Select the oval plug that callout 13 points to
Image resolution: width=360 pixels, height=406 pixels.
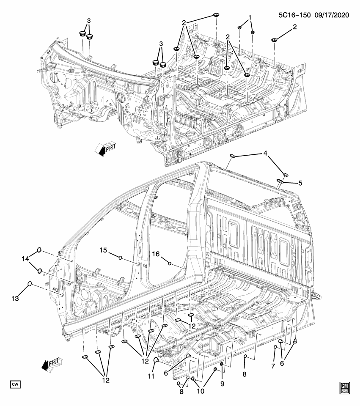coord(30,284)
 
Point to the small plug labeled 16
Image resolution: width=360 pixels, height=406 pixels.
coord(170,263)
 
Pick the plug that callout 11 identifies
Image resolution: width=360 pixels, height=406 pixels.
coord(155,360)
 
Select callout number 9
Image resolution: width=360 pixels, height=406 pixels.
coord(221,383)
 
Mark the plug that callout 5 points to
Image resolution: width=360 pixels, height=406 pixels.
coord(280,181)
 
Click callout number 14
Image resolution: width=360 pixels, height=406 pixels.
coord(25,258)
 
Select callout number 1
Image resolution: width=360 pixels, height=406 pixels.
coord(250,17)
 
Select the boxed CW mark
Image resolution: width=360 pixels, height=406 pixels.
coord(16,384)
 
